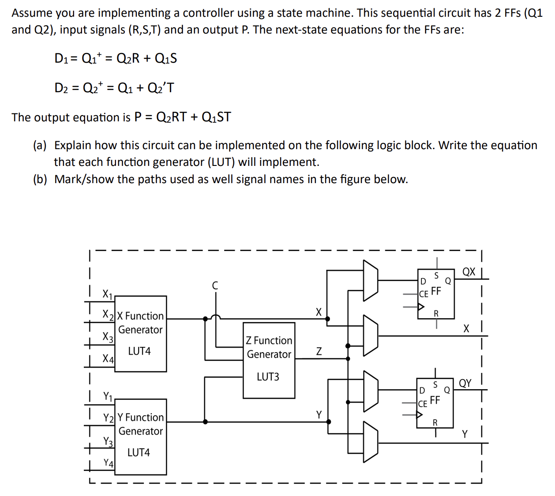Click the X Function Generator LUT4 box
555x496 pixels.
pyautogui.click(x=140, y=334)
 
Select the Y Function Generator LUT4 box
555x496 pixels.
pyautogui.click(x=140, y=436)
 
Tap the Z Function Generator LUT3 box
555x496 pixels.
pyautogui.click(x=269, y=360)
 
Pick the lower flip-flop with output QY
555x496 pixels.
pyautogui.click(x=435, y=402)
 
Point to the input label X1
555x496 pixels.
pyautogui.click(x=107, y=294)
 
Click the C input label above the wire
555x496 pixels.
pyautogui.click(x=215, y=286)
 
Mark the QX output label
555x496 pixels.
pyautogui.click(x=469, y=272)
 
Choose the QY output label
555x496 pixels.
pyautogui.click(x=465, y=383)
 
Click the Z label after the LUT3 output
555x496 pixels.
pyautogui.click(x=319, y=351)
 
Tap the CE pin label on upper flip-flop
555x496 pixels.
pyautogui.click(x=424, y=294)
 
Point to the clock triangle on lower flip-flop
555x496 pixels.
pyautogui.click(x=420, y=415)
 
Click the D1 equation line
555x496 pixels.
pyautogui.click(x=116, y=58)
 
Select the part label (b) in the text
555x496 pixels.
pyautogui.click(x=40, y=179)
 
